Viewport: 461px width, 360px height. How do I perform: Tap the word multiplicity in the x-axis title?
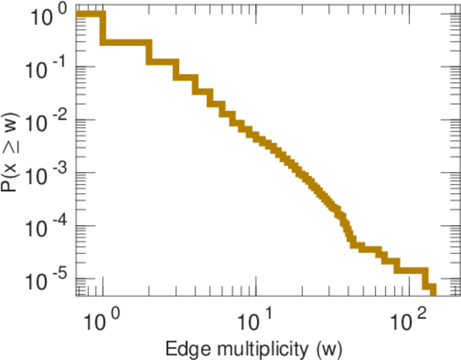[262, 349]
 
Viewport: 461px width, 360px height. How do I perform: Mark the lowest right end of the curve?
[432, 292]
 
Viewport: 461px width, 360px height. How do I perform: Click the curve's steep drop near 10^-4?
[347, 231]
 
